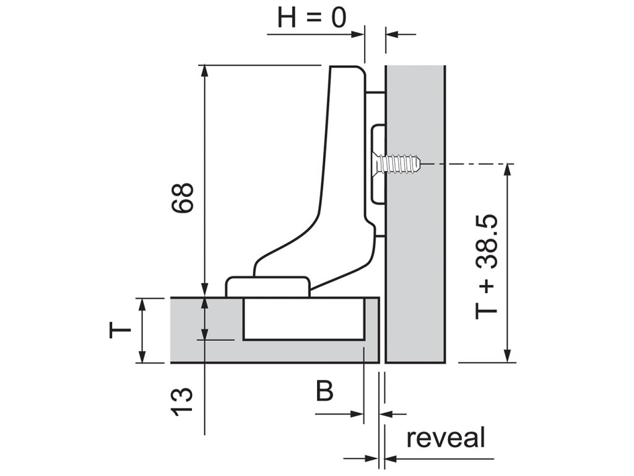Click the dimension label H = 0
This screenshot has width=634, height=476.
[x=311, y=18]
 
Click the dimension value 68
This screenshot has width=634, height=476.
[x=184, y=198]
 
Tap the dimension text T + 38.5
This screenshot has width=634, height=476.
[x=487, y=268]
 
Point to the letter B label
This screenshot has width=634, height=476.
[x=325, y=392]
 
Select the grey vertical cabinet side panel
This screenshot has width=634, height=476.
[x=415, y=248]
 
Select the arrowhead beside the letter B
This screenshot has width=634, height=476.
[x=357, y=413]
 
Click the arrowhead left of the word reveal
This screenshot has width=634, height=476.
[x=390, y=459]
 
